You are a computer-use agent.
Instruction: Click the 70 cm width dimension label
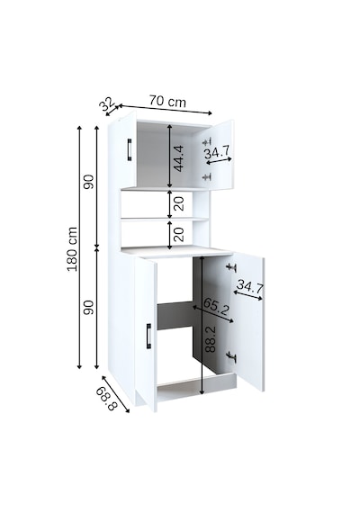167,101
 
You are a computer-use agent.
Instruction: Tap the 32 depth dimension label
107,103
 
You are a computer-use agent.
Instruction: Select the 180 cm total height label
72,249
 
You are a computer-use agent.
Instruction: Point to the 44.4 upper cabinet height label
179,158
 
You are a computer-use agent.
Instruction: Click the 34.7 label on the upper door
217,152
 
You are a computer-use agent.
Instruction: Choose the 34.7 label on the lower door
249,286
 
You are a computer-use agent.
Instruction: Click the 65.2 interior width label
216,306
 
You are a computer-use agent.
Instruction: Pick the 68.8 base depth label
106,399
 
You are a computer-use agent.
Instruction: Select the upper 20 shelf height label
179,203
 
